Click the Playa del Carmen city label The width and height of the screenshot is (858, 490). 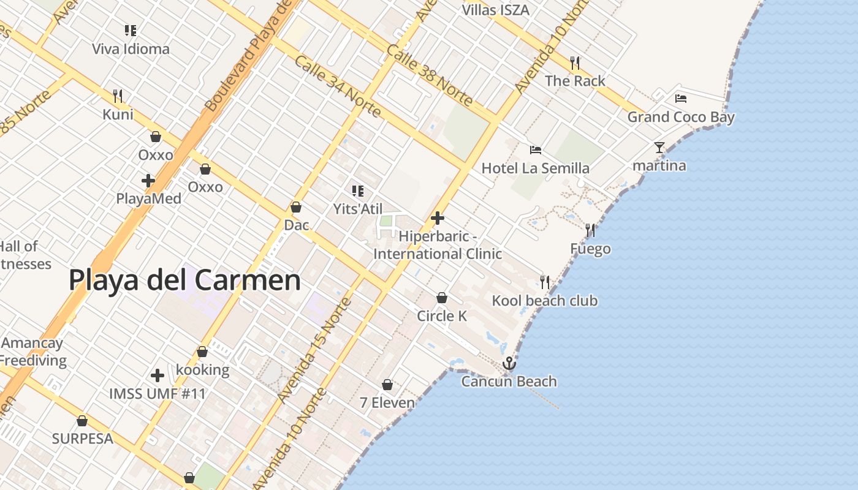point(184,280)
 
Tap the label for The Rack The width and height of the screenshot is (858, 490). point(574,81)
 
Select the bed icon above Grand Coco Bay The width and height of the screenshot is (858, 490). point(680,98)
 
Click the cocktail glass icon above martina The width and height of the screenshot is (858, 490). point(659,148)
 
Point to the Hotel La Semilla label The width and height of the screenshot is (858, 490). point(535,168)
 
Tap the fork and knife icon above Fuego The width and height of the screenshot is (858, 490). point(590,230)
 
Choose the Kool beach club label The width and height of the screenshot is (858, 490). point(544,300)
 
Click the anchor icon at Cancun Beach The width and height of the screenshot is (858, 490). point(509,364)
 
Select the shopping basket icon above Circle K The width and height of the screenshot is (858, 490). point(441,298)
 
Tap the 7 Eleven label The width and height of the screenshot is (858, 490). point(387,402)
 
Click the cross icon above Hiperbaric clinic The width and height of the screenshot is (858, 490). point(438,217)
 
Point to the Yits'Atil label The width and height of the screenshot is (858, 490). point(358,209)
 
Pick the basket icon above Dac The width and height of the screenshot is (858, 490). point(296,207)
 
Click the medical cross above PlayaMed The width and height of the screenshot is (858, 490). point(148,181)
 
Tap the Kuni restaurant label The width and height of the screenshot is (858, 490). point(118,115)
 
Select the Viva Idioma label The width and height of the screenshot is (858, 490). point(131,49)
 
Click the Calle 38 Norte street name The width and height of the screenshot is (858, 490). point(430,75)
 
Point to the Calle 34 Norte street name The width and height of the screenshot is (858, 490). point(338,86)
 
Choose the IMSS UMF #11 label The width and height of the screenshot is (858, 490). point(158,393)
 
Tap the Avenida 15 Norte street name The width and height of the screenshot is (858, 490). point(314,350)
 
